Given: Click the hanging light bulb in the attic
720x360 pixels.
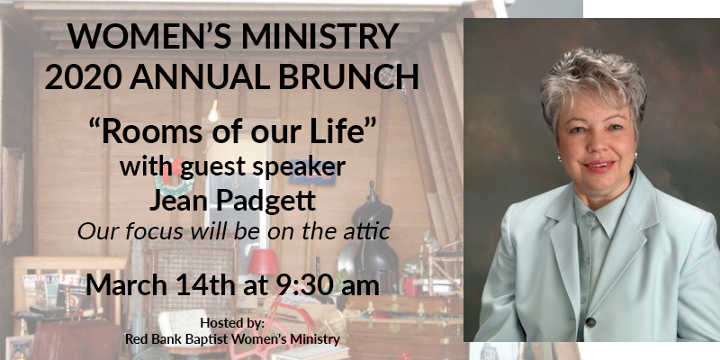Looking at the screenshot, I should [x=213, y=112].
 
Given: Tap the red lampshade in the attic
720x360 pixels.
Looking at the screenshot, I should [x=263, y=262].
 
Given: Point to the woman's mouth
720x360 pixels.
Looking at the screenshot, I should [x=598, y=166].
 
